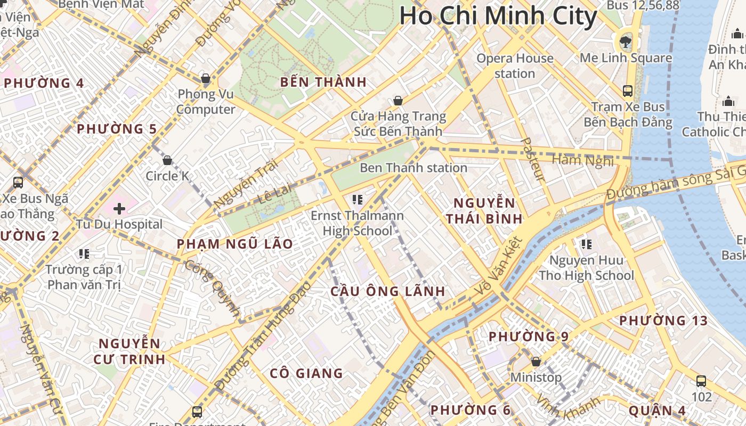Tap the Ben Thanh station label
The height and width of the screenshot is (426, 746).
coord(413,168)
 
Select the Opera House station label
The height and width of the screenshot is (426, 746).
coord(515,65)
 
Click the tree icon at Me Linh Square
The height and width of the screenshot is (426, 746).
coord(623,42)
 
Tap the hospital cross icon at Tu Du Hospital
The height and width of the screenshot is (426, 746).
coord(119,208)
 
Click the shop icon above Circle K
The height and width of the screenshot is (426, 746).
coord(167,160)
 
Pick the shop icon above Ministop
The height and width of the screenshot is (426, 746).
coord(536,362)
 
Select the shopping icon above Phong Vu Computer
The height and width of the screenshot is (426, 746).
coord(206,79)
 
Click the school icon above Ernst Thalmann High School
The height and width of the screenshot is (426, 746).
coord(358,200)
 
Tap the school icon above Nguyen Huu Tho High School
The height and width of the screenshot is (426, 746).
coord(586,244)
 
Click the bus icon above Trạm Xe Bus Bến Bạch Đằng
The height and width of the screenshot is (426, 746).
coord(628,91)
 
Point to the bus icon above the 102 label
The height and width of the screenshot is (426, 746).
coord(701,381)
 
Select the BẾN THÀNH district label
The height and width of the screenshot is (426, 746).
coord(323,82)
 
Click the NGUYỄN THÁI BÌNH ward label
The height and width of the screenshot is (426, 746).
coord(484,211)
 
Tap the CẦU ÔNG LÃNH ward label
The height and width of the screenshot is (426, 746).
coord(387,291)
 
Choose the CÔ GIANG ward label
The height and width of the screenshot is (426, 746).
coord(306,373)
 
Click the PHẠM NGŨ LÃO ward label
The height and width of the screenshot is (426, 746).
coord(234,244)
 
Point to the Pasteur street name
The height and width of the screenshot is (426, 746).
coord(532,159)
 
